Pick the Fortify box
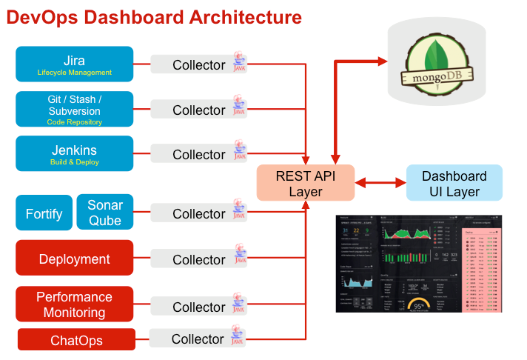[x=44, y=213]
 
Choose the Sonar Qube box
[x=105, y=213]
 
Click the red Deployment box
[x=74, y=259]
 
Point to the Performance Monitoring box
[x=74, y=304]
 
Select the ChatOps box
[x=76, y=340]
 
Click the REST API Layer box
[x=306, y=183]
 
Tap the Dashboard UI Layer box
[x=454, y=183]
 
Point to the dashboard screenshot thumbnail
[x=420, y=263]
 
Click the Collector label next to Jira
[x=198, y=65]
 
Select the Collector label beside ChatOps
[x=197, y=339]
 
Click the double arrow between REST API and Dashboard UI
[x=380, y=182]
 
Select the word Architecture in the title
[x=239, y=17]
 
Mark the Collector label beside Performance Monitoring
[x=198, y=307]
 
